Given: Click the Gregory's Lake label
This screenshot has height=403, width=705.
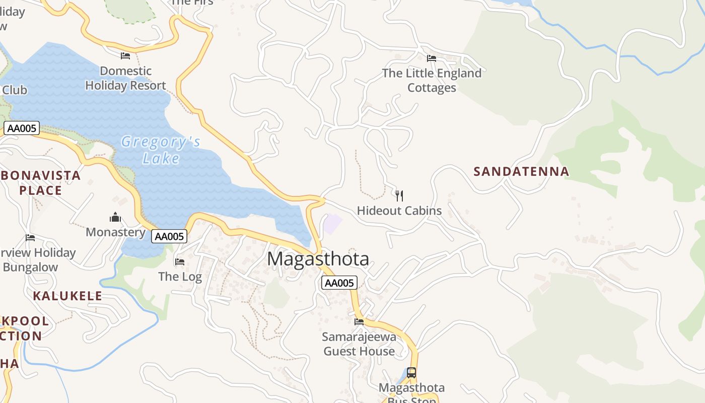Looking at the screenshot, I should (161, 150).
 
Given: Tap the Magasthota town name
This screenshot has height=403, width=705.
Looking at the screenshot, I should (318, 259).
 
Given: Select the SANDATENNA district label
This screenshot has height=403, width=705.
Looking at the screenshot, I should (521, 171).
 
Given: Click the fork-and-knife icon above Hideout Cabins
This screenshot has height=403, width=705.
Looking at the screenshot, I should (399, 195).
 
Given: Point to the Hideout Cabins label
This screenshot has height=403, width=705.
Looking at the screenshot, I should (399, 211).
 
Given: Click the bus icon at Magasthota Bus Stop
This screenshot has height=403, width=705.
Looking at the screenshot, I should (411, 373).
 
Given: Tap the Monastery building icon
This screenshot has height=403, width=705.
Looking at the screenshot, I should (115, 217).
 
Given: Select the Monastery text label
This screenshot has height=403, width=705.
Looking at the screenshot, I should (115, 232).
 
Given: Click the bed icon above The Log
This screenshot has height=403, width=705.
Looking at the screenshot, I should (179, 261).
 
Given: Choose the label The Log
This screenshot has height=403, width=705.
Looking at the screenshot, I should (180, 277).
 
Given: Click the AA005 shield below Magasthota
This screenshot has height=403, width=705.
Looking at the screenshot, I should (339, 283).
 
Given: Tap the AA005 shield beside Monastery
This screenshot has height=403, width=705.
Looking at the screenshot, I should (169, 236).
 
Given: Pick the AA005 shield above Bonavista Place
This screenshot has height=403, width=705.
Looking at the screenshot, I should (22, 128).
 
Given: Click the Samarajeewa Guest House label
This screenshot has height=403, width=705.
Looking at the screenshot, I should (359, 344).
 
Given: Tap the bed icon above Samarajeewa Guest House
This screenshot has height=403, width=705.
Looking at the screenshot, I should (359, 321).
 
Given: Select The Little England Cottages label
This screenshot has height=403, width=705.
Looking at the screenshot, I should (432, 80).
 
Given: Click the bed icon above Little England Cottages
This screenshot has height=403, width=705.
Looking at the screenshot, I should (431, 58).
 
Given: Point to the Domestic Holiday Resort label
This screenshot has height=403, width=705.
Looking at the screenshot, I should (125, 78).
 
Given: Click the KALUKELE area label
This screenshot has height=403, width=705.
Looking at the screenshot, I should (67, 296).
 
